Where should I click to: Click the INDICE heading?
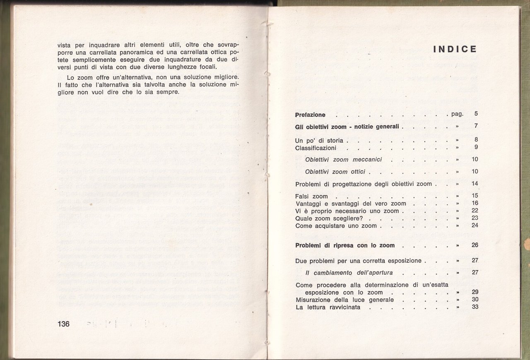455,49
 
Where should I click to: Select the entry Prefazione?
310,115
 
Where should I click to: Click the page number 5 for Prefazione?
476,113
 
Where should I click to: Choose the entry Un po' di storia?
319,141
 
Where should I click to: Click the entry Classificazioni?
316,148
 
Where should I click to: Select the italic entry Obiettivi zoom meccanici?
343,160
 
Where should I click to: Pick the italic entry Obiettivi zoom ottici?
335,172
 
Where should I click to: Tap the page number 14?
475,183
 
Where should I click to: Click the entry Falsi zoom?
311,197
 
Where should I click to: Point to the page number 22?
475,211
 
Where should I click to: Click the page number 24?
475,225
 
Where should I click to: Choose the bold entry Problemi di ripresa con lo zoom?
345,245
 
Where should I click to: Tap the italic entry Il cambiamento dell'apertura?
349,273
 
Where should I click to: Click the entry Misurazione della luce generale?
344,300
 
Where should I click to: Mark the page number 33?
475,307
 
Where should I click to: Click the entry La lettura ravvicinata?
328,307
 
